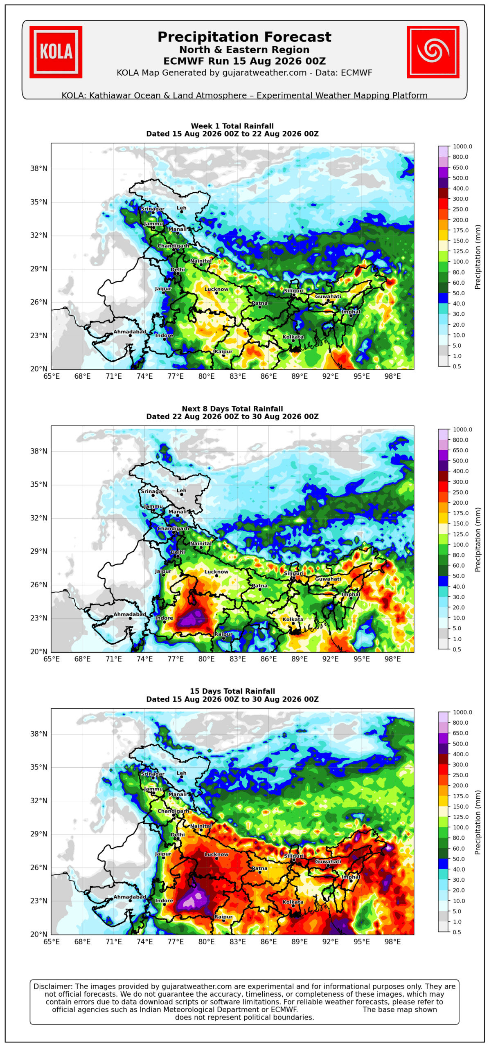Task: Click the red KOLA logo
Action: (56, 52)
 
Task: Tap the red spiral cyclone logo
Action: (433, 52)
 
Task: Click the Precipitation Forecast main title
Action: (244, 37)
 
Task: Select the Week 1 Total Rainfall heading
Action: (232, 126)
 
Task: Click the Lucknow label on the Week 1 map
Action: (216, 289)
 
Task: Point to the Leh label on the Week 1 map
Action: (181, 208)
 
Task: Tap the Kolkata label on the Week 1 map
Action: (293, 337)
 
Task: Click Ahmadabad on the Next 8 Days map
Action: (130, 614)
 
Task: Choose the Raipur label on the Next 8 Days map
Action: (223, 634)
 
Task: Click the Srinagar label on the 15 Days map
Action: (153, 774)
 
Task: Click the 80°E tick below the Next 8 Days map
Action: (206, 659)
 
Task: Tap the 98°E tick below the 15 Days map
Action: (392, 941)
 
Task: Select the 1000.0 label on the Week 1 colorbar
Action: (462, 146)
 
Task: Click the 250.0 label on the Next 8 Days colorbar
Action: (460, 492)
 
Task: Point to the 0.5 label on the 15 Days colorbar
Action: (457, 932)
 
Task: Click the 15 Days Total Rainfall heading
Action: (232, 691)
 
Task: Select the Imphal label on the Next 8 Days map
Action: (351, 594)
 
